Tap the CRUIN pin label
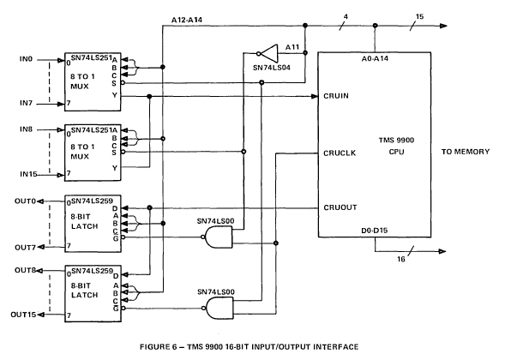point(336,96)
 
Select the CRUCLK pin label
point(340,153)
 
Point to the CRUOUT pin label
point(340,207)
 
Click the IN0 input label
point(26,59)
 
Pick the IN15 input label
point(28,174)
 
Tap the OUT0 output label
point(25,201)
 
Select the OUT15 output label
point(23,315)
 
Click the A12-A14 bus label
point(187,20)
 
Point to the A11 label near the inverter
point(292,47)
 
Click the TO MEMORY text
point(466,152)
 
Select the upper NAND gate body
point(219,237)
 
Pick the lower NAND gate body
point(219,309)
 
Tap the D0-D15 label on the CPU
point(374,231)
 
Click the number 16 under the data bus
point(401,259)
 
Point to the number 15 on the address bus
point(419,16)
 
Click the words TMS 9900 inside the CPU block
point(396,141)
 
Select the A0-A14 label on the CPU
point(375,58)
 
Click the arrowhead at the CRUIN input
point(315,96)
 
